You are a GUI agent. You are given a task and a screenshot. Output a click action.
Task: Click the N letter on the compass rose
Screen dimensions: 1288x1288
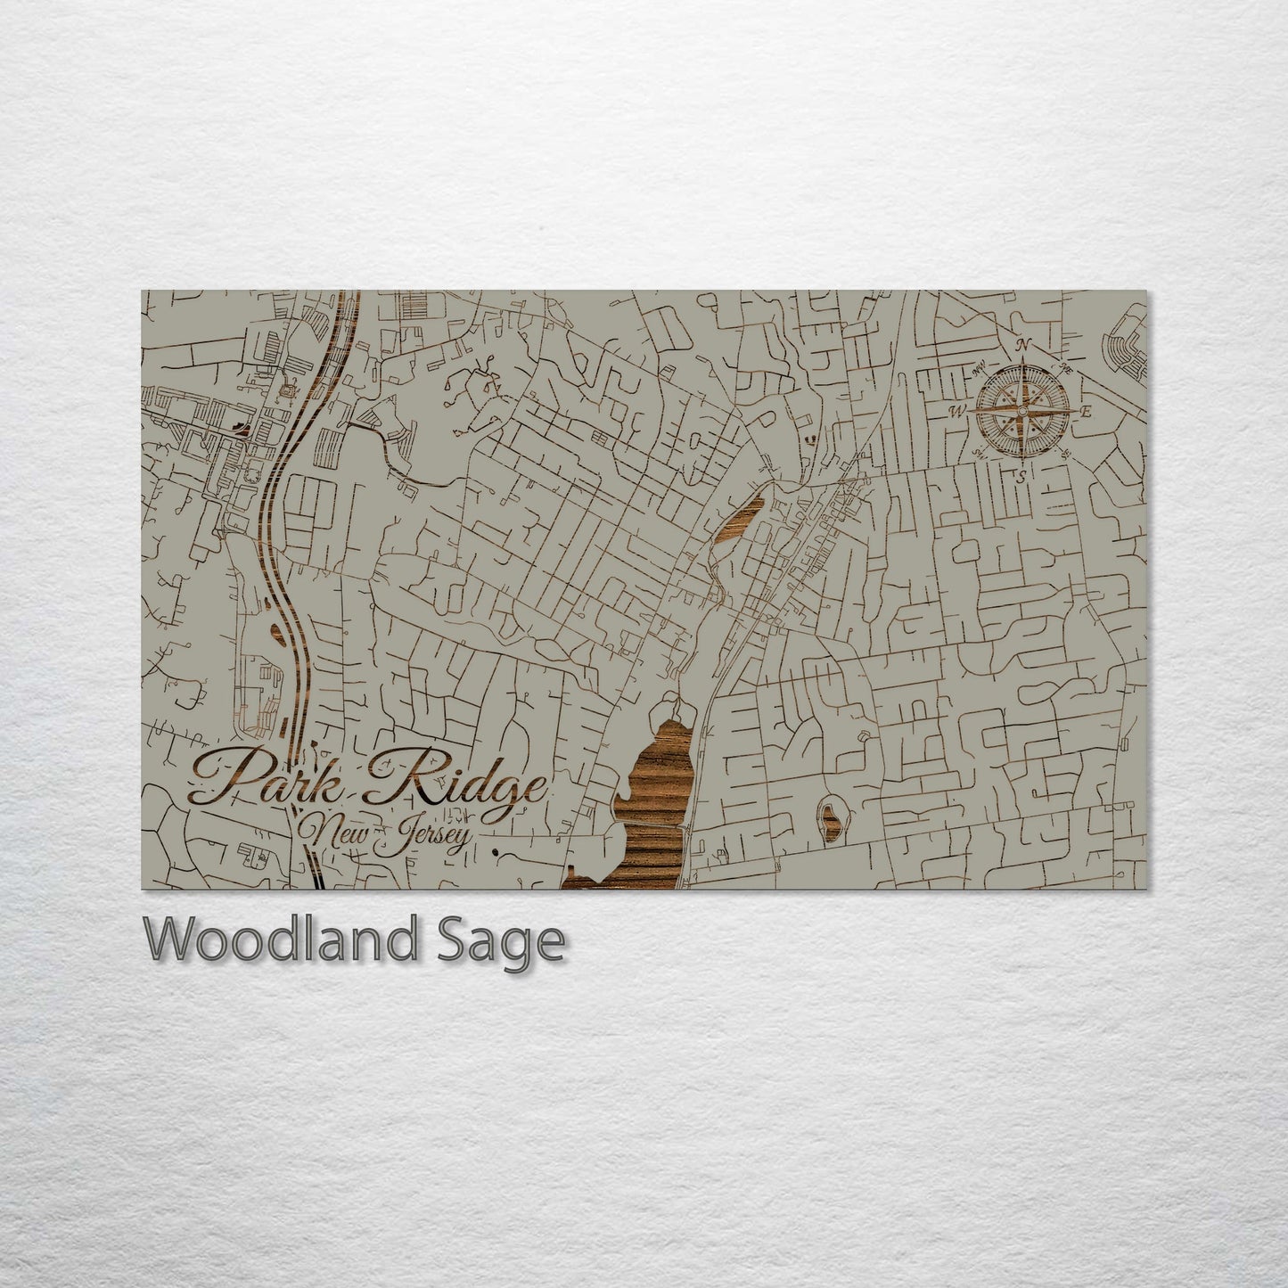point(1025,346)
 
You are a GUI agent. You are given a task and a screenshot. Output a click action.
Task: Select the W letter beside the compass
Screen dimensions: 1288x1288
point(959,411)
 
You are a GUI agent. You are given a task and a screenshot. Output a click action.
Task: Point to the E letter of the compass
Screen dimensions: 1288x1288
point(1086,412)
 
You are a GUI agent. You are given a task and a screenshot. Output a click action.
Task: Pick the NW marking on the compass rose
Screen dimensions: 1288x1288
point(979,365)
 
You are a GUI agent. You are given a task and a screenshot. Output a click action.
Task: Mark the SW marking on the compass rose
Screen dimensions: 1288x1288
point(978,454)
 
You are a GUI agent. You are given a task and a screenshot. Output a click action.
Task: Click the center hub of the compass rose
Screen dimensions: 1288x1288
point(1021,411)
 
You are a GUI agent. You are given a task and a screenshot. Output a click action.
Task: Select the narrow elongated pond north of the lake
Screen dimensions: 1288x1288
point(739,523)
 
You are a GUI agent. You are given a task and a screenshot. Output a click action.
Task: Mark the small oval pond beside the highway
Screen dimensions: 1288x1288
point(277,634)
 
